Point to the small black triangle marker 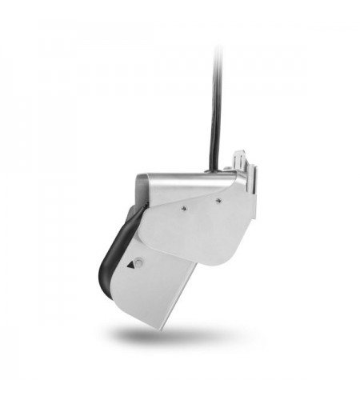129,262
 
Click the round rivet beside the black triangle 139,262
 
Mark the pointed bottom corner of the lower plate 164,328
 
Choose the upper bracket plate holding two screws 200,224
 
